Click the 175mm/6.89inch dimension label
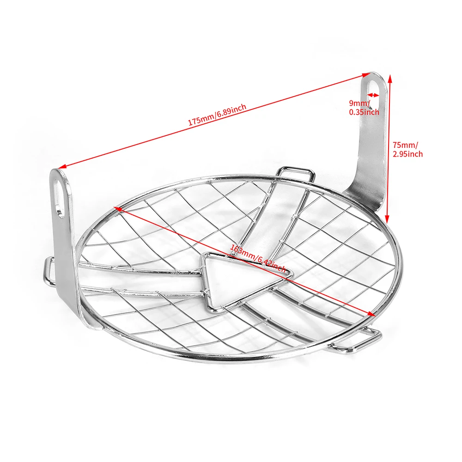pyautogui.click(x=217, y=115)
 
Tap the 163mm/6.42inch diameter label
pyautogui.click(x=257, y=258)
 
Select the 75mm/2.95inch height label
pyautogui.click(x=407, y=149)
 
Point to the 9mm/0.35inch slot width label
pyautogui.click(x=364, y=108)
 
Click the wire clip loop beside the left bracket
pyautogui.click(x=49, y=272)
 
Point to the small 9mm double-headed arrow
pyautogui.click(x=373, y=95)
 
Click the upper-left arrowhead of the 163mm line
pyautogui.click(x=118, y=209)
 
